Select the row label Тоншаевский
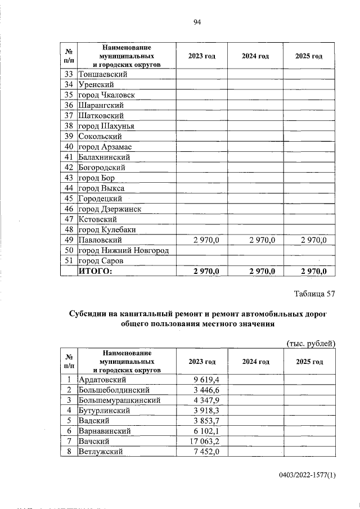103,74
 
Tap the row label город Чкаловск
106,95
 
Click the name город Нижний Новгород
124,250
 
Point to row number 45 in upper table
70,199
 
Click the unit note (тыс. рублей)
311,343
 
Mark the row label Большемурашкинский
119,400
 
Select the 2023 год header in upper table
202,56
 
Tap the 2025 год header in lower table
309,361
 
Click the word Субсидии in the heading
89,314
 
